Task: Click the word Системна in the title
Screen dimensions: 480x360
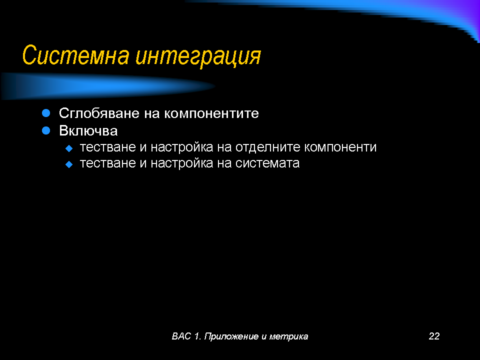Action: tap(75, 55)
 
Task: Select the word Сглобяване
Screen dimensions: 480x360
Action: tap(99, 113)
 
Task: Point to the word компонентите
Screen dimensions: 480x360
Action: tap(211, 113)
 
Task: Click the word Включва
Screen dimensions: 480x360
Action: tap(88, 130)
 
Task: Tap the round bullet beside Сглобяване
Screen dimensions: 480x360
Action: tap(46, 113)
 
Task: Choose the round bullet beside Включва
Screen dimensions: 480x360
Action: tap(46, 130)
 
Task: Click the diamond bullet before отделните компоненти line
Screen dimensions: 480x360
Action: tap(69, 148)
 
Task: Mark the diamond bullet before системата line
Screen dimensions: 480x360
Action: tap(69, 164)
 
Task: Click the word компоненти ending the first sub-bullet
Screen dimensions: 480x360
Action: tap(340, 147)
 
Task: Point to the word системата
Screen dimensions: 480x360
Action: tap(267, 163)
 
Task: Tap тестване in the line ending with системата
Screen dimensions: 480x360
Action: tap(108, 163)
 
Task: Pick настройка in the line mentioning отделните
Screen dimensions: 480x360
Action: tap(182, 147)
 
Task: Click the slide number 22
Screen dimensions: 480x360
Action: tap(434, 336)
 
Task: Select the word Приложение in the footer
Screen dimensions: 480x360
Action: tap(231, 336)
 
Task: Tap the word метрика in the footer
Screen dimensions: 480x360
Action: tap(288, 336)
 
